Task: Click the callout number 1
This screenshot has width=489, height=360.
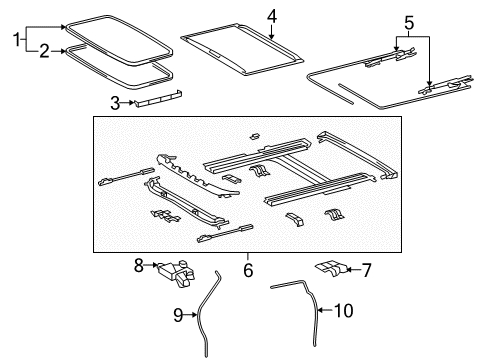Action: click(15, 39)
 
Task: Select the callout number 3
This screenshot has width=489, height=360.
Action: click(114, 102)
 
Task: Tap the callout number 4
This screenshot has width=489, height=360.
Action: click(270, 15)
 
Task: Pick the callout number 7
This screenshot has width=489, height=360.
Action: click(367, 270)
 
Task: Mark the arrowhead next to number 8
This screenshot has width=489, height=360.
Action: click(157, 266)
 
